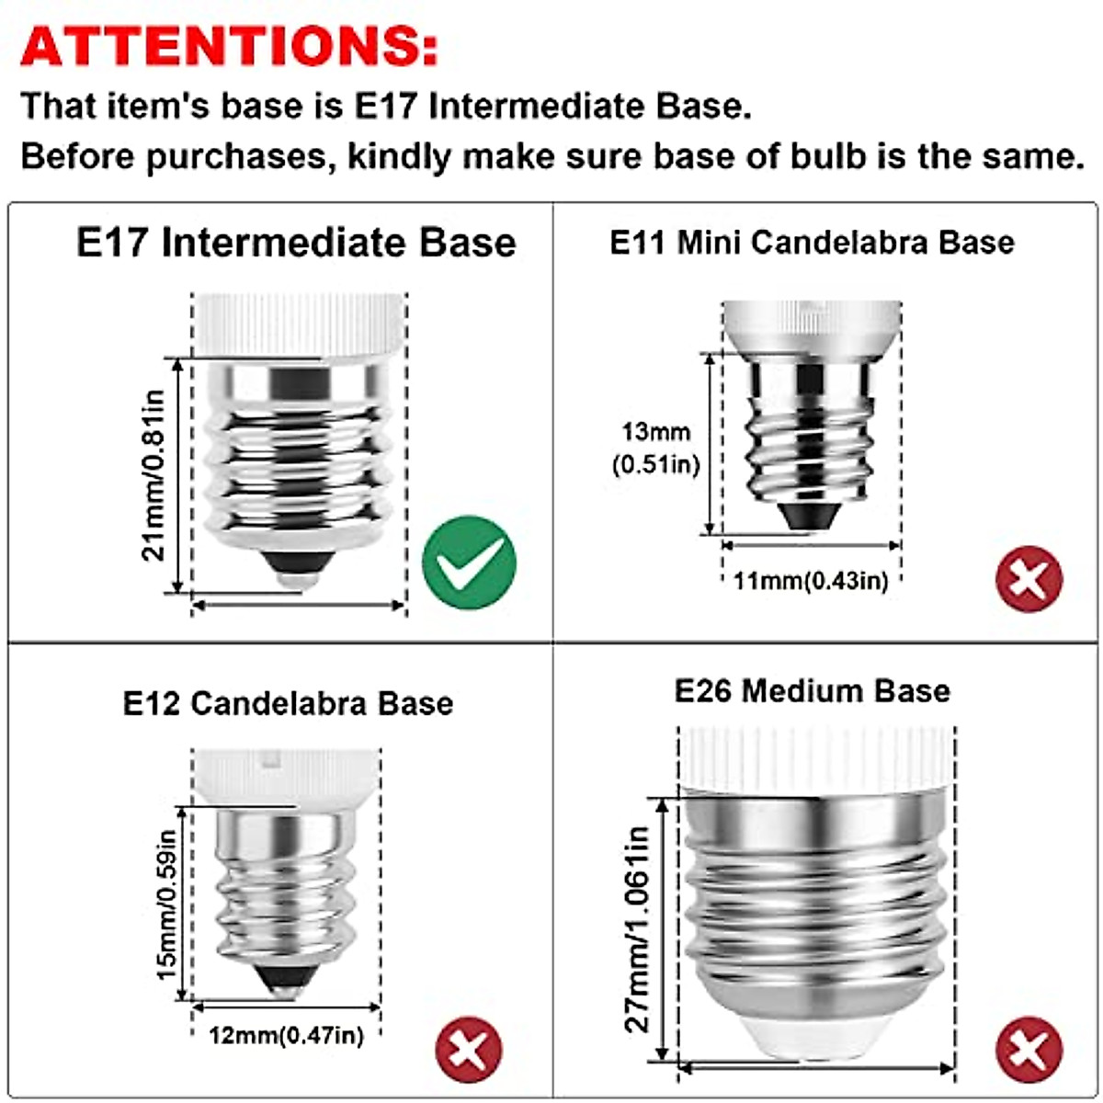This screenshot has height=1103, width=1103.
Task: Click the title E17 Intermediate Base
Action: (296, 243)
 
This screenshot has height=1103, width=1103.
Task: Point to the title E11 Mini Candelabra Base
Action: (812, 243)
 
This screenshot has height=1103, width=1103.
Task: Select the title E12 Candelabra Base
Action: (288, 703)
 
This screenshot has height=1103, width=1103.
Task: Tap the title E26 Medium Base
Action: (812, 690)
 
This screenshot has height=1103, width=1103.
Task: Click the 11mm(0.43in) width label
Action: (811, 581)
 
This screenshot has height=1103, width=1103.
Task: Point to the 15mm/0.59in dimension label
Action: (166, 904)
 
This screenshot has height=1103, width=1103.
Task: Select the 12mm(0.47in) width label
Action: (286, 1035)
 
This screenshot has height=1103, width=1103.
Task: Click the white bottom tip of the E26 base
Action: (816, 1041)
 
